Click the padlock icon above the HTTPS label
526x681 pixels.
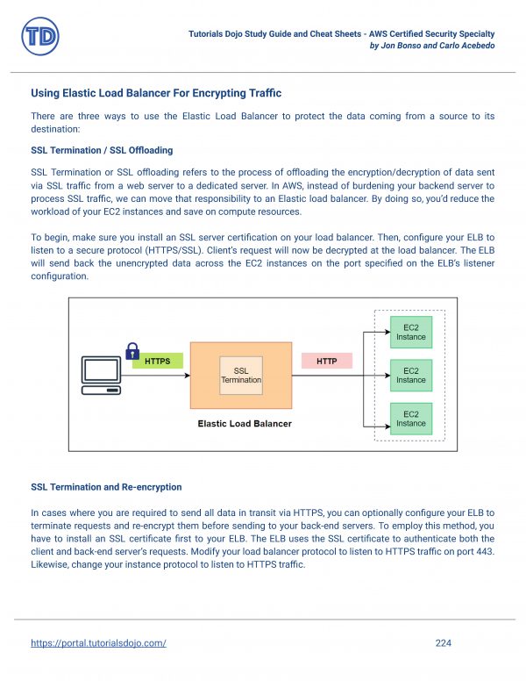tap(133, 348)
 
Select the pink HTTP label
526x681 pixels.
tap(326, 361)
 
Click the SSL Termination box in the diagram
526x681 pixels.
tap(241, 375)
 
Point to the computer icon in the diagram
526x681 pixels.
tap(100, 376)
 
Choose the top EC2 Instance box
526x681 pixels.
tap(410, 332)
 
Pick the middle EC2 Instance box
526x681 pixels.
tap(410, 375)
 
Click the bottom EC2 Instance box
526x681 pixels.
tap(410, 418)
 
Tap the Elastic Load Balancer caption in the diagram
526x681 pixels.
tap(245, 424)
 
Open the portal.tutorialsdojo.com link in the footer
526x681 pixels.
tap(98, 643)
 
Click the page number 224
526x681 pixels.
tap(443, 643)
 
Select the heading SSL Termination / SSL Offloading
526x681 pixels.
tap(102, 150)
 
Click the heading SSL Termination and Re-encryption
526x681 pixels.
tap(106, 486)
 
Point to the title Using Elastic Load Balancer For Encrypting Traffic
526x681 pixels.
tap(156, 93)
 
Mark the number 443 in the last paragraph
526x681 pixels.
tap(486, 552)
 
